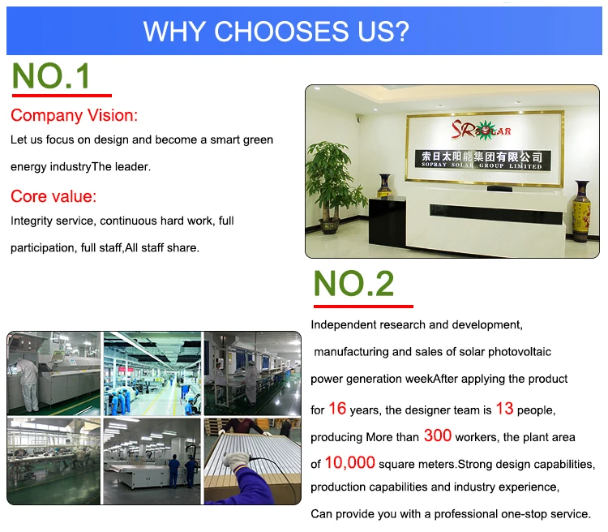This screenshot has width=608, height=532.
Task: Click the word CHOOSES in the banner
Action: point(281,32)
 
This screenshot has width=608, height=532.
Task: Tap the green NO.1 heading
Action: point(51,75)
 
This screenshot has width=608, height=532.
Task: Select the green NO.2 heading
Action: point(353,283)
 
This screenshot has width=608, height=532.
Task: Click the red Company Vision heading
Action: point(74,116)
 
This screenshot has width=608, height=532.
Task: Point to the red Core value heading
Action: point(54,196)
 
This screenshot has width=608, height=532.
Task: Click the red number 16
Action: point(337,409)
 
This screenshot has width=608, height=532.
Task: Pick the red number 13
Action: point(504,409)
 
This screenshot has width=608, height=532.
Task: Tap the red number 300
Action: point(438,435)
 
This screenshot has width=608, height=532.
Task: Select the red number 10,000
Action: point(349,462)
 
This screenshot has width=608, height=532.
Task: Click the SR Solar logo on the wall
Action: point(482,130)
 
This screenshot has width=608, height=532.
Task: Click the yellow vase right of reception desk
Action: point(581,211)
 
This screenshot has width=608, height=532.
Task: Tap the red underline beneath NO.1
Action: point(62,95)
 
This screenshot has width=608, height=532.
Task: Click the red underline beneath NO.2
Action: point(363,307)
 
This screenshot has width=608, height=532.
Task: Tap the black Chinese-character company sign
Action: point(482,160)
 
